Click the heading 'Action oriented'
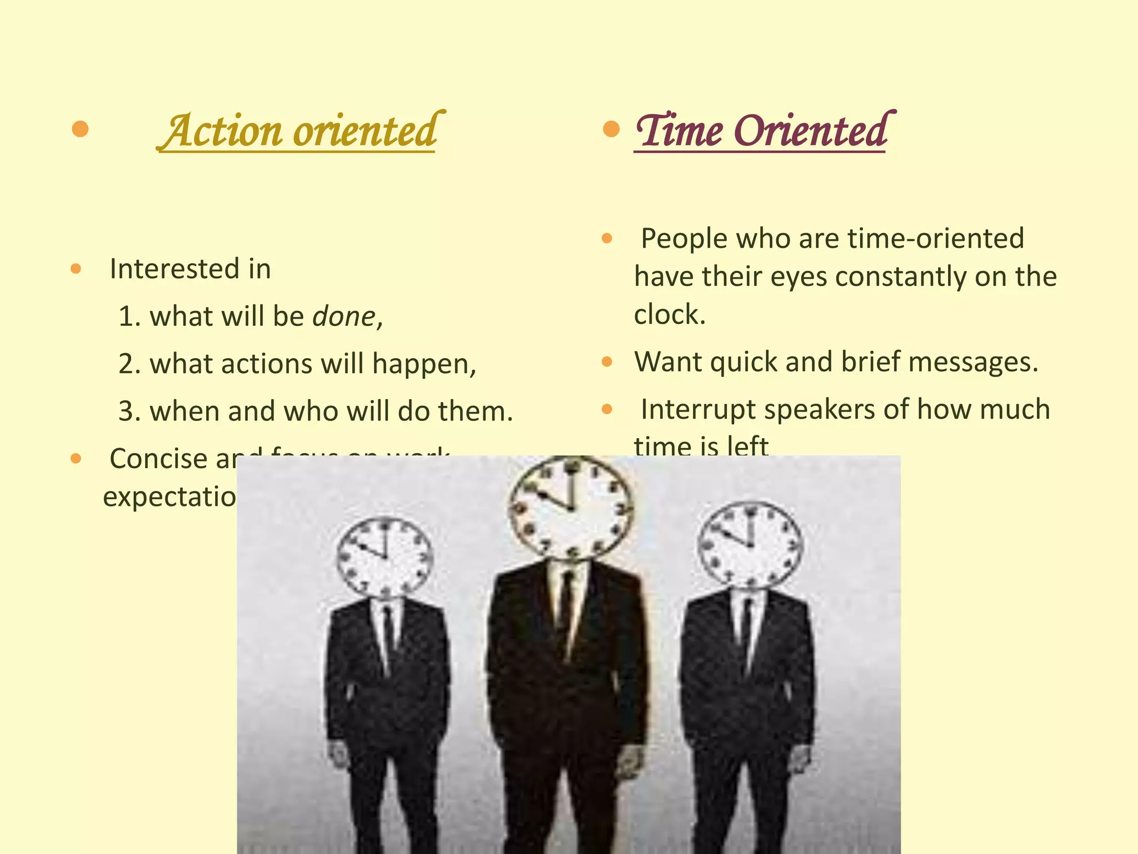point(300,131)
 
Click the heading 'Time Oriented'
point(761,131)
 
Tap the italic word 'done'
point(344,316)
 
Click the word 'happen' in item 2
point(422,364)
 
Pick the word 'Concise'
point(158,459)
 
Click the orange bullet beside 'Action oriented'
point(81,129)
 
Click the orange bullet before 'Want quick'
point(607,363)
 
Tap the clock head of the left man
point(385,557)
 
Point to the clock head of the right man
point(750,544)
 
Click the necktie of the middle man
point(566,606)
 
